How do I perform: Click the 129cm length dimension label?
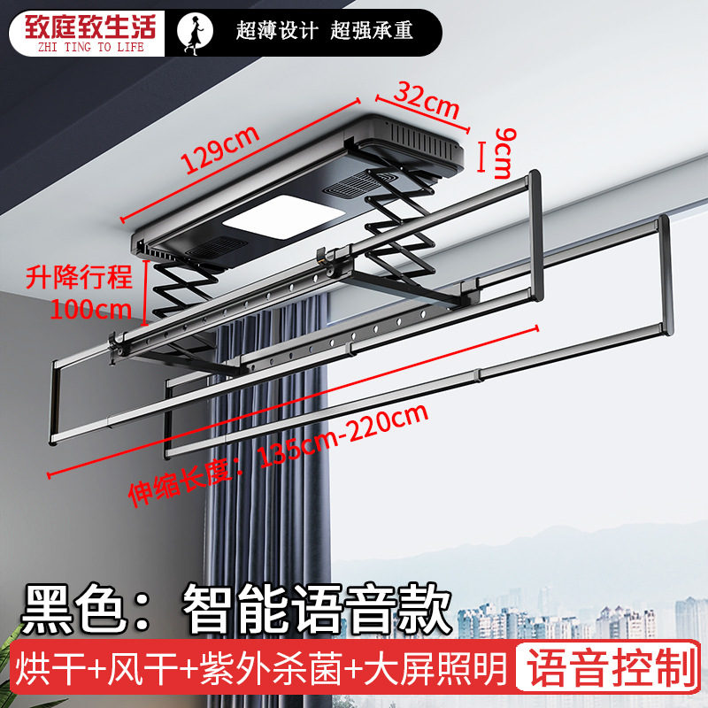point(221,150)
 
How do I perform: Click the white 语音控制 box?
point(607,670)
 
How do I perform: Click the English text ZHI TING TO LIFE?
point(83,47)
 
